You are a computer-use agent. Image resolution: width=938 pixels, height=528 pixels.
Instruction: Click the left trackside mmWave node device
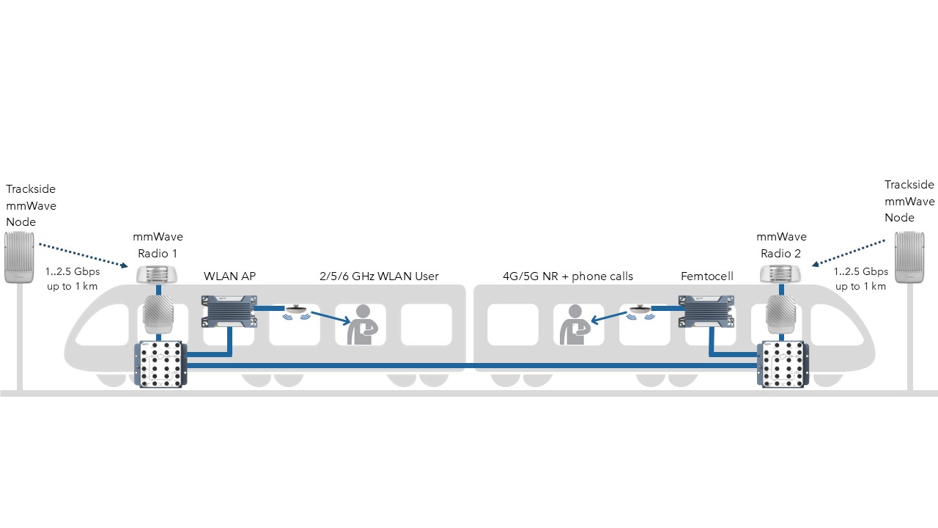point(20,257)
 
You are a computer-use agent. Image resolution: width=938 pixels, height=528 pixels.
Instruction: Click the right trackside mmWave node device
point(910,257)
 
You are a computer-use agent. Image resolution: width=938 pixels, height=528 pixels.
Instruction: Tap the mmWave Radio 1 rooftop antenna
point(158,274)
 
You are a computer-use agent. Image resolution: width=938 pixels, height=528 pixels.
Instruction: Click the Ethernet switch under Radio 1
point(161,364)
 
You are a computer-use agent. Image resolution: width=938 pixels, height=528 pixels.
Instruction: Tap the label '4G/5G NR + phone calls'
point(567,276)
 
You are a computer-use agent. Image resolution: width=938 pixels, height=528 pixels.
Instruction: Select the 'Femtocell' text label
point(707,276)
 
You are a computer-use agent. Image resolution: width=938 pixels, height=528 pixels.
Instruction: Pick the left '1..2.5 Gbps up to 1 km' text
point(73,279)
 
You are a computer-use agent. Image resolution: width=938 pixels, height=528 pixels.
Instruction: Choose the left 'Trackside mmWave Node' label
point(31,205)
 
